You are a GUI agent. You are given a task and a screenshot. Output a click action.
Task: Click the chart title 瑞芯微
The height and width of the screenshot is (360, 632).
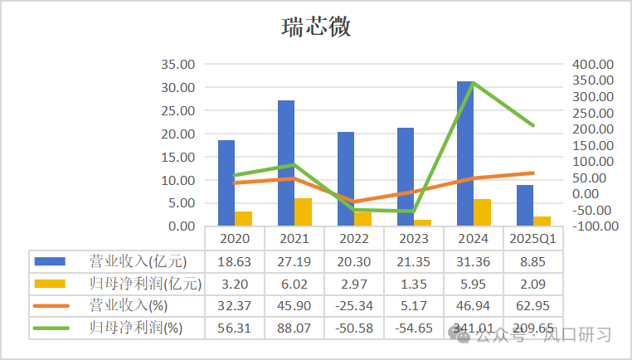315,27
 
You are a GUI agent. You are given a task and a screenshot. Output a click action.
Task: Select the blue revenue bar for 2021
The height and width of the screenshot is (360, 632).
286,163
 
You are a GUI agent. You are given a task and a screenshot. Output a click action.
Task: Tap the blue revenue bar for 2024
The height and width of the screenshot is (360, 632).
465,153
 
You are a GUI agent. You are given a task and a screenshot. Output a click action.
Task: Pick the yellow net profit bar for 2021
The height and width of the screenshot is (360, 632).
304,212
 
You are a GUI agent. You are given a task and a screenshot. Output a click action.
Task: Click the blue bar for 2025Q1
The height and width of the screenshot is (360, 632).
525,205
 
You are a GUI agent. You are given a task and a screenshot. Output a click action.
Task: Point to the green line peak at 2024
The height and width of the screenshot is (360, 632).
473,84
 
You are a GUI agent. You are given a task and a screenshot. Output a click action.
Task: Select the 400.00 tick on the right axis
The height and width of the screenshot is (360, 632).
592,65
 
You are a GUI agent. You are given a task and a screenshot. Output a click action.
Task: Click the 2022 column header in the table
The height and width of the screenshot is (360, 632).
354,239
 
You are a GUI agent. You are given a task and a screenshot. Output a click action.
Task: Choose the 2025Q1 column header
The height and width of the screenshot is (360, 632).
533,239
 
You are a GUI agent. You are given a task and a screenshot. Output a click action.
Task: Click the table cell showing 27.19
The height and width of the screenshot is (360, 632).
294,261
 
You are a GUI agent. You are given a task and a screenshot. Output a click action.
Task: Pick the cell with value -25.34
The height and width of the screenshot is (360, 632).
354,306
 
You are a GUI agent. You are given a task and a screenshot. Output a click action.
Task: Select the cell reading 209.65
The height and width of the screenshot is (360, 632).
533,328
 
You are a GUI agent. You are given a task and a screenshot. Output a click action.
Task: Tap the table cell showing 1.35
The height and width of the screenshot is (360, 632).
414,284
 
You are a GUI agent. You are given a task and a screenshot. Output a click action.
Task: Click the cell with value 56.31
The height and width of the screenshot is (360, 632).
235,328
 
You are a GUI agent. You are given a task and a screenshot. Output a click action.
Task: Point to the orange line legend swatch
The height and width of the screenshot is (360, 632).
50,306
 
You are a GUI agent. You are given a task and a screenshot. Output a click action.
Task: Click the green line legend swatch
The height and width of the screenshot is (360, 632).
50,328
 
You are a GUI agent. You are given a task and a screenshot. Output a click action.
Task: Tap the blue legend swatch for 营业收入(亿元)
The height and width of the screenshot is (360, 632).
50,261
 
